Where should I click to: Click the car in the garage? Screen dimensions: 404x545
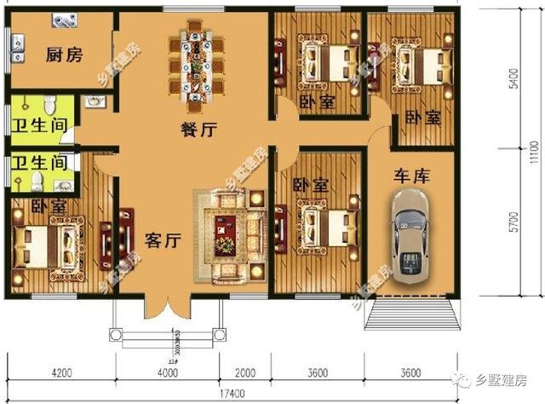[412, 234]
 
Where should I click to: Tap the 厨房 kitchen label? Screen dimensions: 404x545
[64, 56]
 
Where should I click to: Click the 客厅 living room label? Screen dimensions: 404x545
[161, 240]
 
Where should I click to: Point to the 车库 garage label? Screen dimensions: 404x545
[412, 176]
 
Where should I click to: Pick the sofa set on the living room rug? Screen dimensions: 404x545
[229, 234]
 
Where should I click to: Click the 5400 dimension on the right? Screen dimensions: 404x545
[513, 83]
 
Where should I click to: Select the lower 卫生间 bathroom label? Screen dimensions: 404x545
[39, 161]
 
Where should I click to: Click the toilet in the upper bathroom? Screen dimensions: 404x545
[50, 106]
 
